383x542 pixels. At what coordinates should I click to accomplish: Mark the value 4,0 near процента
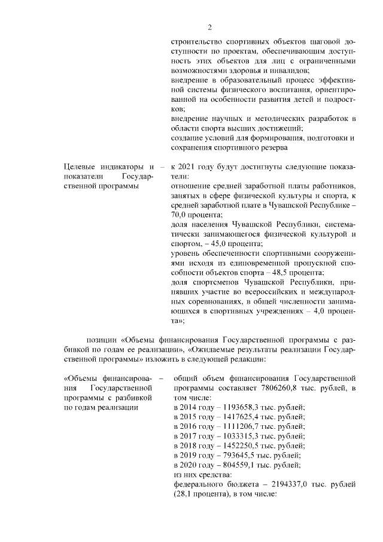coord(316,313)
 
